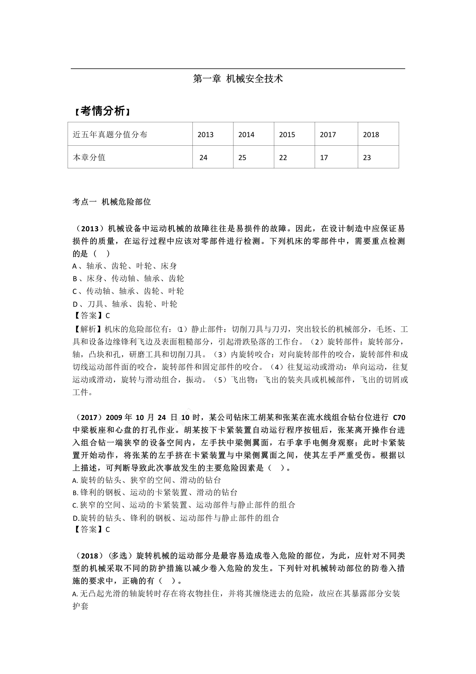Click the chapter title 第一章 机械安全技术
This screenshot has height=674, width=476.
pyautogui.click(x=238, y=79)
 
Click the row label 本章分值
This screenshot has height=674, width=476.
pyautogui.click(x=89, y=157)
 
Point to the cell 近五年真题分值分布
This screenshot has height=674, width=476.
pyautogui.click(x=110, y=134)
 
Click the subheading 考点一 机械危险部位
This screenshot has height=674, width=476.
pyautogui.click(x=112, y=202)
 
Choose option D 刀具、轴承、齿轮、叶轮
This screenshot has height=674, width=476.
pyautogui.click(x=125, y=304)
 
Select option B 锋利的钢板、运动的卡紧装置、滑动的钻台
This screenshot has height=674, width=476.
pyautogui.click(x=155, y=492)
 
